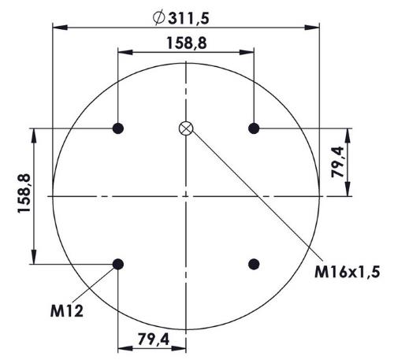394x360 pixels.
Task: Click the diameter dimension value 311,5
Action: coord(188,18)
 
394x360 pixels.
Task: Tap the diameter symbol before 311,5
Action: coord(158,18)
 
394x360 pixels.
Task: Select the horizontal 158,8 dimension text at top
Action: coord(187,43)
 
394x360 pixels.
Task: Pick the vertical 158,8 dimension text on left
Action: coord(24,193)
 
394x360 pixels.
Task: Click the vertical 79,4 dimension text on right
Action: coord(337,162)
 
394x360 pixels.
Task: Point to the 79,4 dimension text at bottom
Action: coord(154,340)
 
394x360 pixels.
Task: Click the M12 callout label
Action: coord(67,311)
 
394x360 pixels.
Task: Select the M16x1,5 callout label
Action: coord(348,272)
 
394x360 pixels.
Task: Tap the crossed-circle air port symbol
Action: coord(186,128)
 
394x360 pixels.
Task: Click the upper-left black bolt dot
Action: coord(118,128)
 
